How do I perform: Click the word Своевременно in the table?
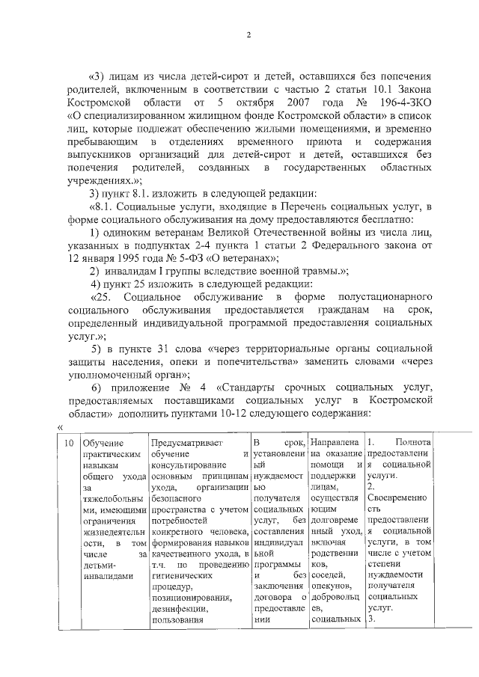pyautogui.click(x=397, y=497)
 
